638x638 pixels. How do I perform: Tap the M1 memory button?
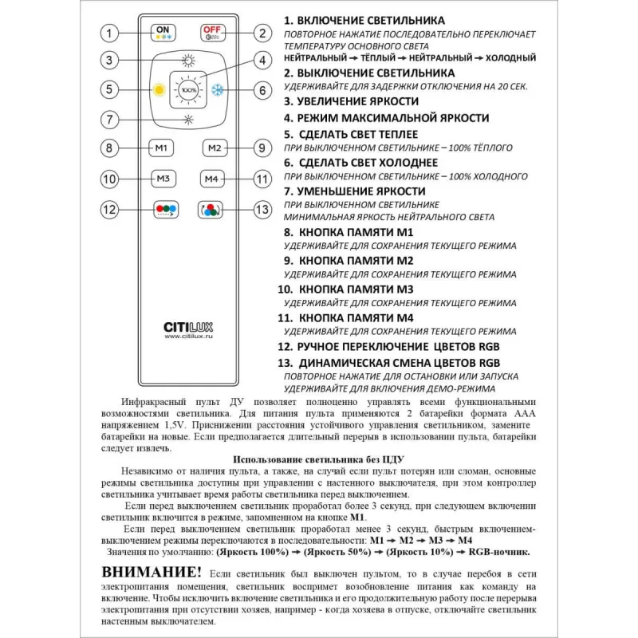point(162,148)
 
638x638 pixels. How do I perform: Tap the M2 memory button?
point(212,148)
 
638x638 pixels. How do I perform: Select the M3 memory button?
point(162,179)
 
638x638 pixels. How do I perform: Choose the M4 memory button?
point(212,179)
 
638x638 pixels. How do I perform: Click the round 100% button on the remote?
point(188,89)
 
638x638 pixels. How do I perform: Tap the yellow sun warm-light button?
point(158,89)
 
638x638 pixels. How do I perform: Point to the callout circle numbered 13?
point(262,210)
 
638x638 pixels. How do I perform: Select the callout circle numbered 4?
point(261,61)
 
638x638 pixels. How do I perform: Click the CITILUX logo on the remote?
point(187,326)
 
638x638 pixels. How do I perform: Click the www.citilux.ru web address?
point(187,337)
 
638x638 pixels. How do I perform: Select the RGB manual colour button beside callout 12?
point(164,210)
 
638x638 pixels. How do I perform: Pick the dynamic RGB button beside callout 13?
point(210,210)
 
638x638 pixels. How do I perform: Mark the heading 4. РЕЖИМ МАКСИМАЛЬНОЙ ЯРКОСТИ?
point(386,118)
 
